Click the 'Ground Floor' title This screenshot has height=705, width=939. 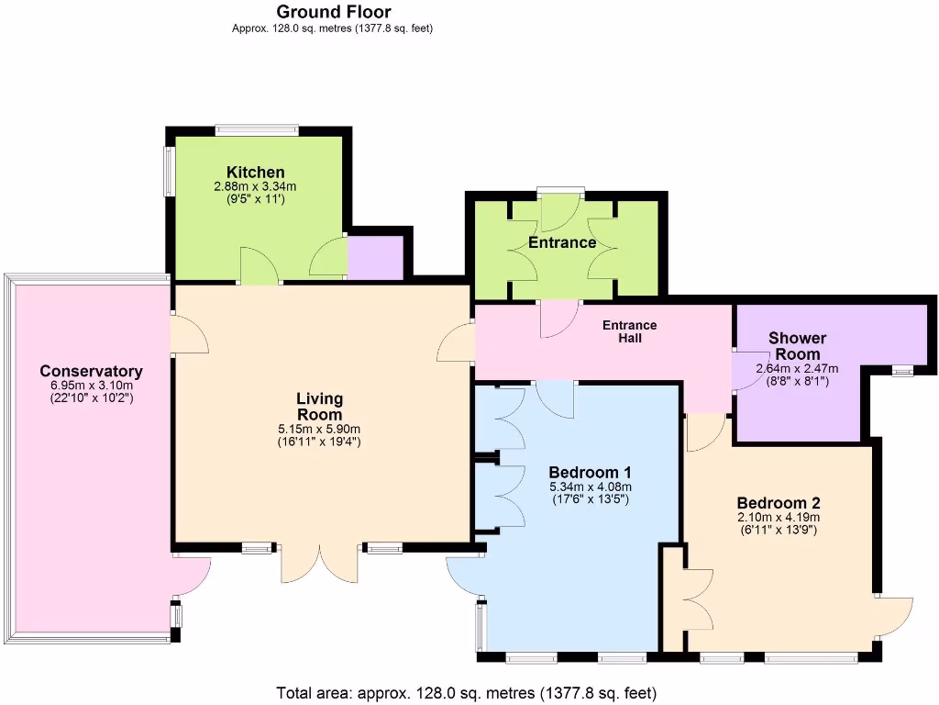coord(334,12)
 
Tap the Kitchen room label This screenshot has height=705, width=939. coord(256,173)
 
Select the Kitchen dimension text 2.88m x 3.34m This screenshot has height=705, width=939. coord(256,186)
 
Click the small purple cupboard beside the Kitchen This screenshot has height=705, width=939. coord(375,258)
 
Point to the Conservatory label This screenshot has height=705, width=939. coord(91,371)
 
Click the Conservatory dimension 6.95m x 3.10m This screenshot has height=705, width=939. coord(91,386)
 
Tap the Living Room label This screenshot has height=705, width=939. coord(319,407)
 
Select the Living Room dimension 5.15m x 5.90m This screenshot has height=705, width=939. coord(319,429)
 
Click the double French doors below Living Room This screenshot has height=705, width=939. coord(319,563)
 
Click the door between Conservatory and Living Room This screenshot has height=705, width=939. coord(188,334)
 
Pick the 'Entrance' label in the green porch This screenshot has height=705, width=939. coord(562,242)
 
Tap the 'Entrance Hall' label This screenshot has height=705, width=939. coord(629,331)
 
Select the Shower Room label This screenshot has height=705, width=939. coord(797,346)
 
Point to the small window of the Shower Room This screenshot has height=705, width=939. coord(903,371)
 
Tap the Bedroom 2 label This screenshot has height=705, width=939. coord(778,503)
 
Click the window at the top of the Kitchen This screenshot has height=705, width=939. coord(257,130)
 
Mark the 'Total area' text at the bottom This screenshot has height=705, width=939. coord(467,693)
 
